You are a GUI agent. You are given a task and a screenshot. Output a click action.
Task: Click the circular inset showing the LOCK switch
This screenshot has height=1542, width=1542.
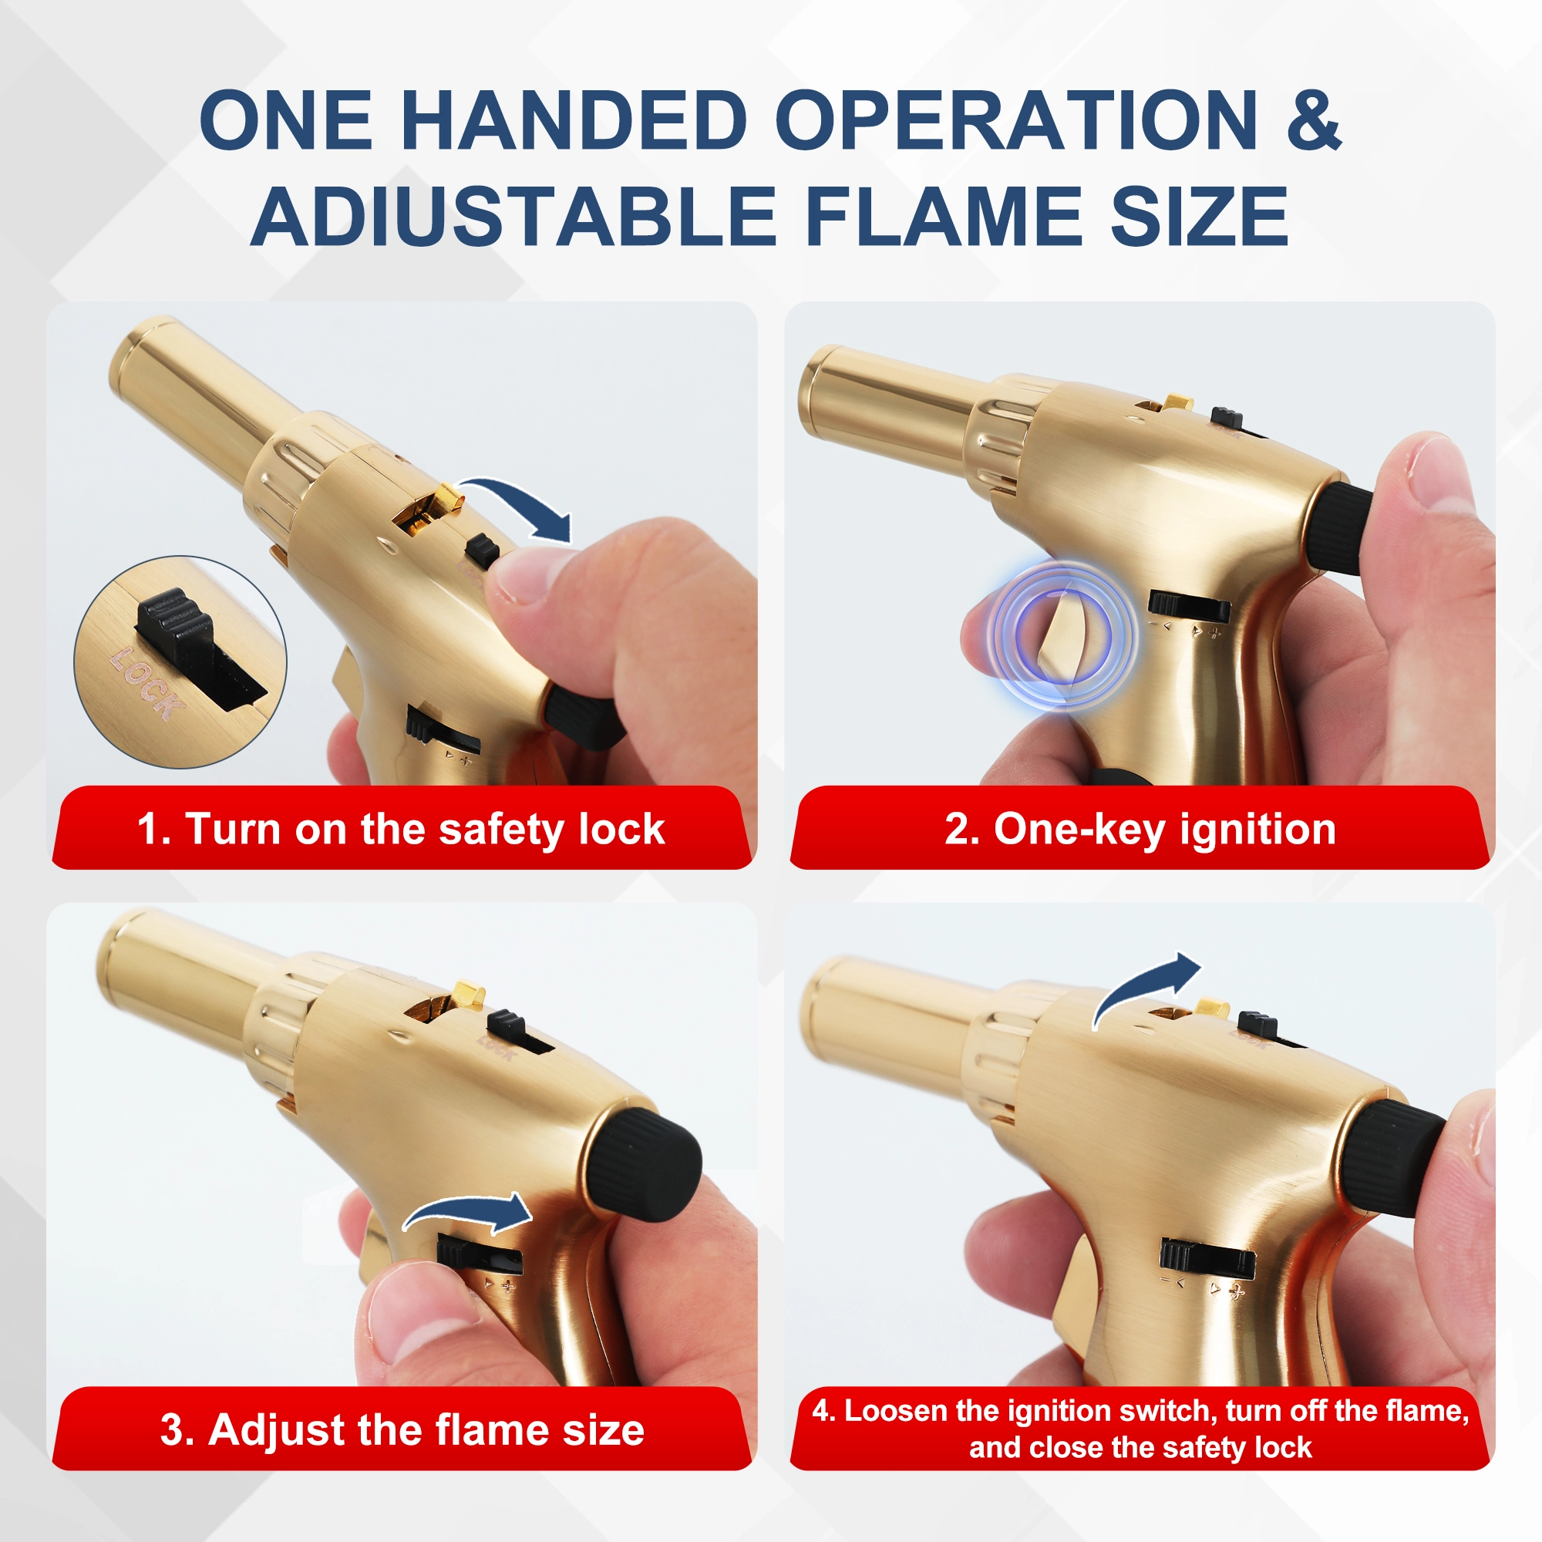(180, 662)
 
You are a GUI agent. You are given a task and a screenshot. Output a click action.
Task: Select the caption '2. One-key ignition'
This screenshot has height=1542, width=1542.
(1140, 830)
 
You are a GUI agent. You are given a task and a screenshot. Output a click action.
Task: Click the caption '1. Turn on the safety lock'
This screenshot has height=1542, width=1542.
(401, 830)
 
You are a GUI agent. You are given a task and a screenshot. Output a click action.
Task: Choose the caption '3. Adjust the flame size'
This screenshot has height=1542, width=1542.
(402, 1429)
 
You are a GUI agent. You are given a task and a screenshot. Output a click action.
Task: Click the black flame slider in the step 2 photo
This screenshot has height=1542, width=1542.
(1188, 605)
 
